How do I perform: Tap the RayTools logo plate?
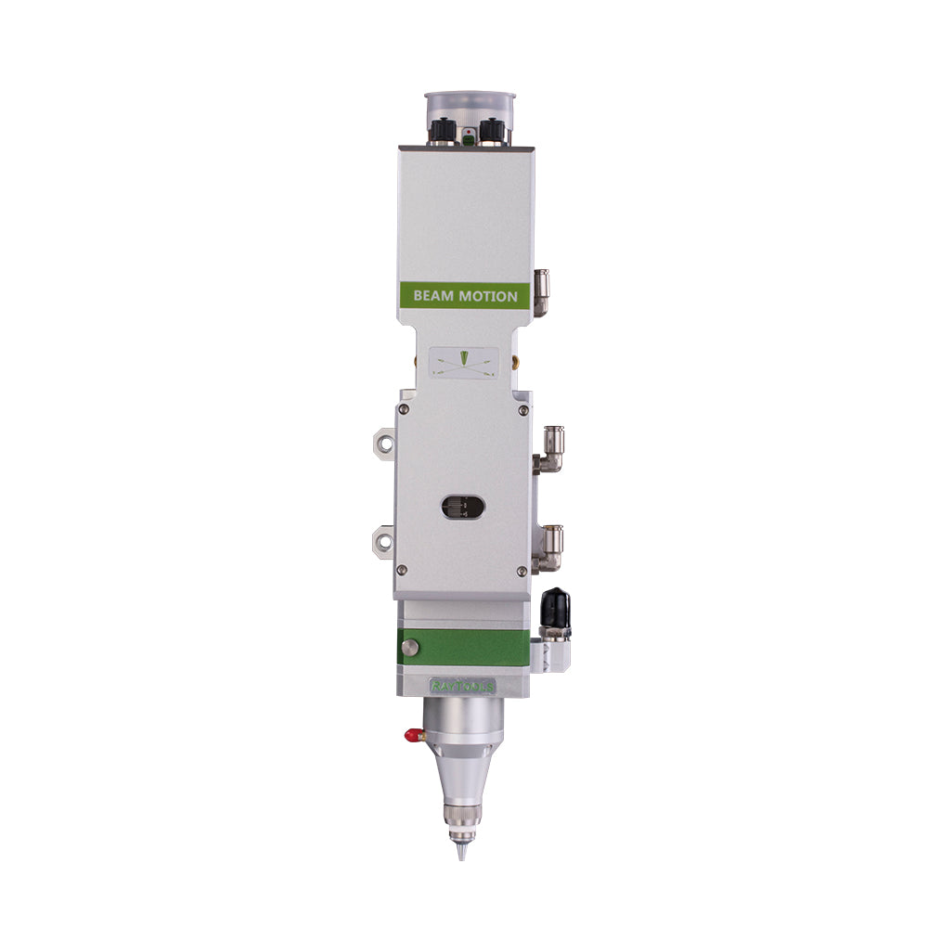coord(463,686)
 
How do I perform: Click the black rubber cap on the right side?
coord(556,605)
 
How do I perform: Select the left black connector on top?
coord(442,131)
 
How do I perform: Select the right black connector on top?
coord(493,131)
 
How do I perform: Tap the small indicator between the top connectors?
coord(468,135)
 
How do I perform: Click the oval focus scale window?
coord(463,506)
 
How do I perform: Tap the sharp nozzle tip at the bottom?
coord(461,848)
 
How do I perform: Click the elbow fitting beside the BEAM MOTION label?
coord(541,292)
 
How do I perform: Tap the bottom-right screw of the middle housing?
coord(522,570)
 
